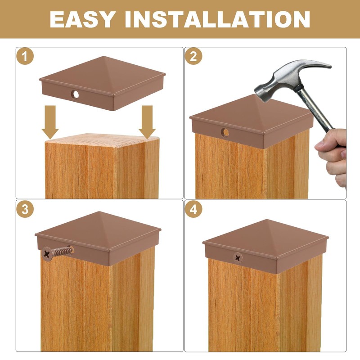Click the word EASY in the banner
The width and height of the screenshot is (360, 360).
click(x=82, y=19)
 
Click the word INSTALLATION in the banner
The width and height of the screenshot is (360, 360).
click(x=217, y=19)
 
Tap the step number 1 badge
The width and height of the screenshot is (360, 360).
click(x=25, y=56)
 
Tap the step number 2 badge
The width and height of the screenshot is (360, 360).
click(x=193, y=56)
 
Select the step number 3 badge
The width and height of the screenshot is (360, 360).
click(x=25, y=209)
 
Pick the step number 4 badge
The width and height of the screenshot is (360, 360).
click(x=193, y=209)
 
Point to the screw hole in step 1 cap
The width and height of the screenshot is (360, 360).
click(x=75, y=94)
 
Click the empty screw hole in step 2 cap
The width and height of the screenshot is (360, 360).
click(x=225, y=132)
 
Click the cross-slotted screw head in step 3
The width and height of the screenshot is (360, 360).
click(x=47, y=253)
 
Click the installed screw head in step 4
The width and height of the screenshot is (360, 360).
click(x=238, y=258)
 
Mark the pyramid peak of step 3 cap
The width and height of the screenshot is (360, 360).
click(x=99, y=211)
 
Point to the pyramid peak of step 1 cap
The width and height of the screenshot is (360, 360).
click(x=104, y=57)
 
